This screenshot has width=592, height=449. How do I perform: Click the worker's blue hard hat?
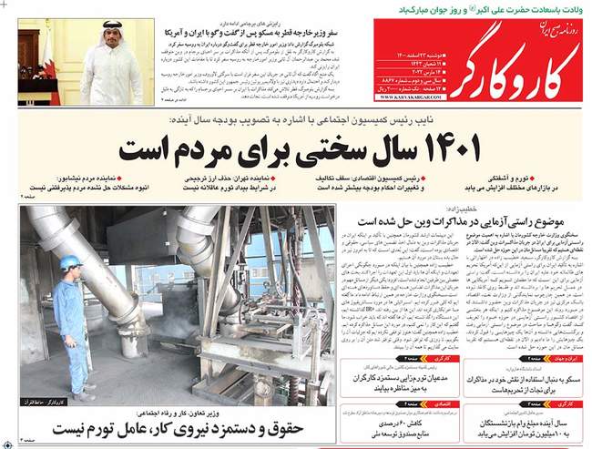click(x=70, y=262)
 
